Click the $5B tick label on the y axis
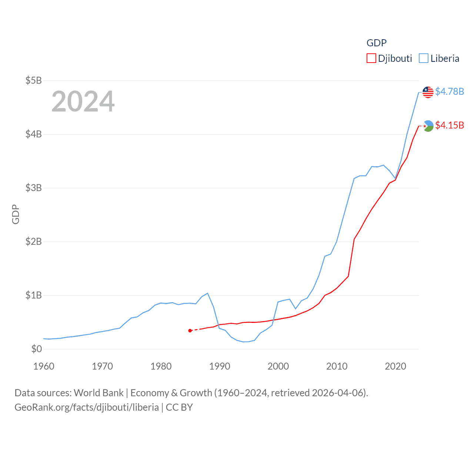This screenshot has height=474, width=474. (33, 80)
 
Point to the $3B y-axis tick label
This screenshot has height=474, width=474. (33, 188)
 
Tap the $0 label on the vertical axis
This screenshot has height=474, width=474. (36, 349)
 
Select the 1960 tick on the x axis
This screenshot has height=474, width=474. (44, 366)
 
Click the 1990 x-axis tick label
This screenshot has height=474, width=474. (220, 366)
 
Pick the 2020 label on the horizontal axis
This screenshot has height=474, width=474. (395, 366)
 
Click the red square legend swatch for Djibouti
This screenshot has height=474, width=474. (371, 59)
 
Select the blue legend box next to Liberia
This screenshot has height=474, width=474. (424, 59)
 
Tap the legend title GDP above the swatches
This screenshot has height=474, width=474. (377, 43)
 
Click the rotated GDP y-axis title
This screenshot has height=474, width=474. (16, 214)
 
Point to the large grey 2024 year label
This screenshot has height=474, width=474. (83, 101)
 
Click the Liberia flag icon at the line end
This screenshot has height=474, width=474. (428, 92)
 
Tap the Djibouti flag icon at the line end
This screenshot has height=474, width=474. (428, 126)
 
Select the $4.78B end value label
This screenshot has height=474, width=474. (450, 91)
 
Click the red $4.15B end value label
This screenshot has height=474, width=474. (450, 125)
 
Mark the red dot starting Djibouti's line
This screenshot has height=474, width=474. (190, 330)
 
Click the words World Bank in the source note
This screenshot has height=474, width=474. (99, 393)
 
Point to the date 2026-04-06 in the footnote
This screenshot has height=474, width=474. (339, 393)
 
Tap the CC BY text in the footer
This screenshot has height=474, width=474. (179, 407)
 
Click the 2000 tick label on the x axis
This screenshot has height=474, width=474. (278, 366)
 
